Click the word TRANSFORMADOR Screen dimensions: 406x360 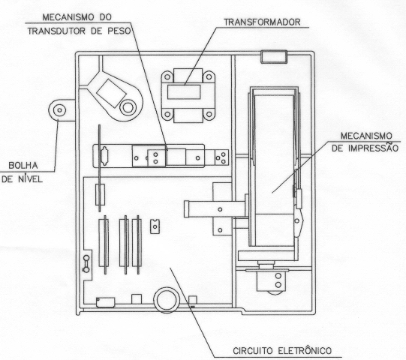(262, 22)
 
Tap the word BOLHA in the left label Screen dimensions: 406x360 (23, 166)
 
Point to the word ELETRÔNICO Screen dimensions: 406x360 (305, 350)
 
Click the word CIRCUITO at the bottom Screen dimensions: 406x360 (253, 351)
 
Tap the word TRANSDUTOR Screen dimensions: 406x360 (56, 31)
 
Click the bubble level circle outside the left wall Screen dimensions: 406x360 (59, 110)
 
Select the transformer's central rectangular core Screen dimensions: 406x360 (184, 92)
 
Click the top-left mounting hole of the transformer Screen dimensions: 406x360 (167, 76)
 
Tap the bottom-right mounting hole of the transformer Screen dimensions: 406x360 (209, 114)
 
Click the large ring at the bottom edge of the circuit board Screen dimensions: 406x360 (167, 300)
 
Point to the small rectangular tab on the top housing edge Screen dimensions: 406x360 (274, 57)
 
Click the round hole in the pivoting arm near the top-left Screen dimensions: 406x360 (128, 108)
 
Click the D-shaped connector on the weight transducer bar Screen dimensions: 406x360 (104, 156)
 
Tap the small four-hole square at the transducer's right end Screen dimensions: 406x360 (221, 157)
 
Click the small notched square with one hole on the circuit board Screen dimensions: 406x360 (155, 226)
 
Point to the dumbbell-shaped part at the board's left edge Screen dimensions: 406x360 (86, 264)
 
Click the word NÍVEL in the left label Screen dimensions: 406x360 (30, 178)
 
